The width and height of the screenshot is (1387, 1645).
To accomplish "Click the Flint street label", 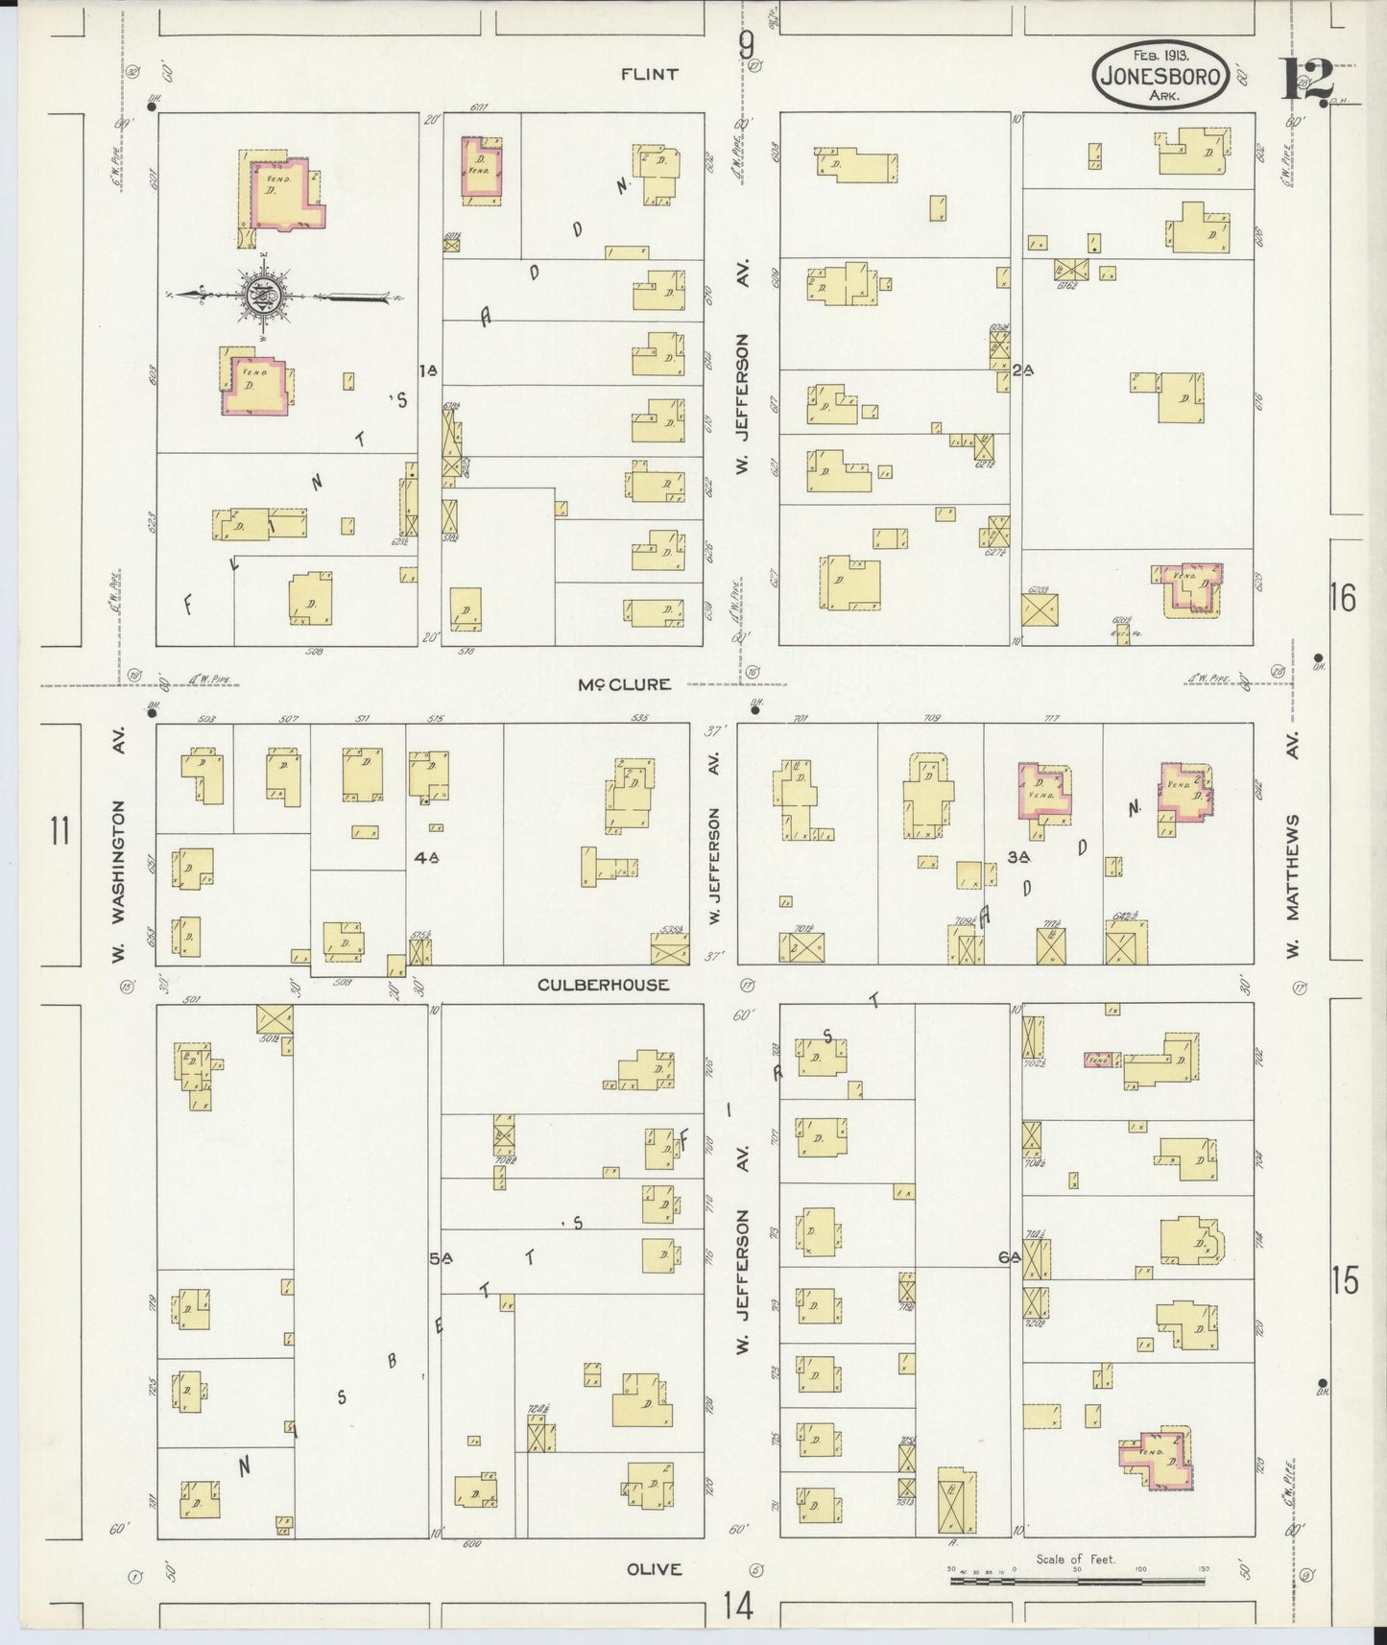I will click(x=649, y=74).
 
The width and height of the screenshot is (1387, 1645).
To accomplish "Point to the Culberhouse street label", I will click(x=603, y=985).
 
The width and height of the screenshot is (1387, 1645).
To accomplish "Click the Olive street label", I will click(x=654, y=1569).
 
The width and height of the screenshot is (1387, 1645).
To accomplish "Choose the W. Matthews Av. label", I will click(x=1293, y=885).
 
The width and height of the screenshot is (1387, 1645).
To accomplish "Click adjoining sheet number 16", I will click(x=1343, y=599).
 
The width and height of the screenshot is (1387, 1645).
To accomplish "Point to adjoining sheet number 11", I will click(x=60, y=830).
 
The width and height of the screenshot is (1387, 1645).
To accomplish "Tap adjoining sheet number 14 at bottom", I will click(x=738, y=1605).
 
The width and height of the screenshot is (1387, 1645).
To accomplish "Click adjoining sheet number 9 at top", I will click(x=746, y=44).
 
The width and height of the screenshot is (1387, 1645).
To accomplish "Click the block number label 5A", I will click(x=440, y=1258).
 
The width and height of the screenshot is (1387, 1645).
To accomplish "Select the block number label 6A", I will click(x=1007, y=1258).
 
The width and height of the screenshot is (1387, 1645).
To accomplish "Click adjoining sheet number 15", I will click(x=1345, y=1280).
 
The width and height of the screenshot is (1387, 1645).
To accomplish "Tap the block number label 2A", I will click(x=1020, y=370).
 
